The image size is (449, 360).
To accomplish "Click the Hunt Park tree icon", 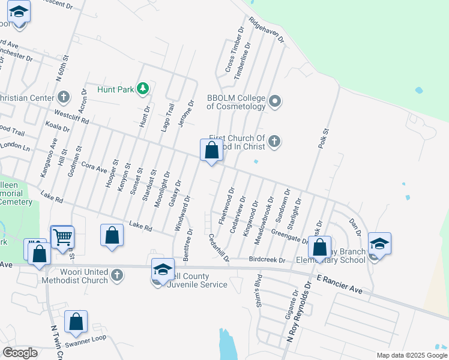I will click(x=143, y=89).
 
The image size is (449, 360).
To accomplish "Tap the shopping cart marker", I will click(x=62, y=237).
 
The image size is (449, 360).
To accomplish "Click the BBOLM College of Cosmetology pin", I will click(x=275, y=101).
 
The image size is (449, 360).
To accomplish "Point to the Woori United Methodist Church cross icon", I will click(x=117, y=275).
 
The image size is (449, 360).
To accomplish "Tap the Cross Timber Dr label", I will click(x=235, y=49).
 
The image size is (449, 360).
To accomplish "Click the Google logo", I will click(x=20, y=353).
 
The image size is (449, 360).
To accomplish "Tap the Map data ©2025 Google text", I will click(x=411, y=355).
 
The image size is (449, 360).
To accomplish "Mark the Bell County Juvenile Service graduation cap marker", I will click(x=163, y=269).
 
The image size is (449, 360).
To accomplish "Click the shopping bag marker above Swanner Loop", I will click(x=76, y=322).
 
